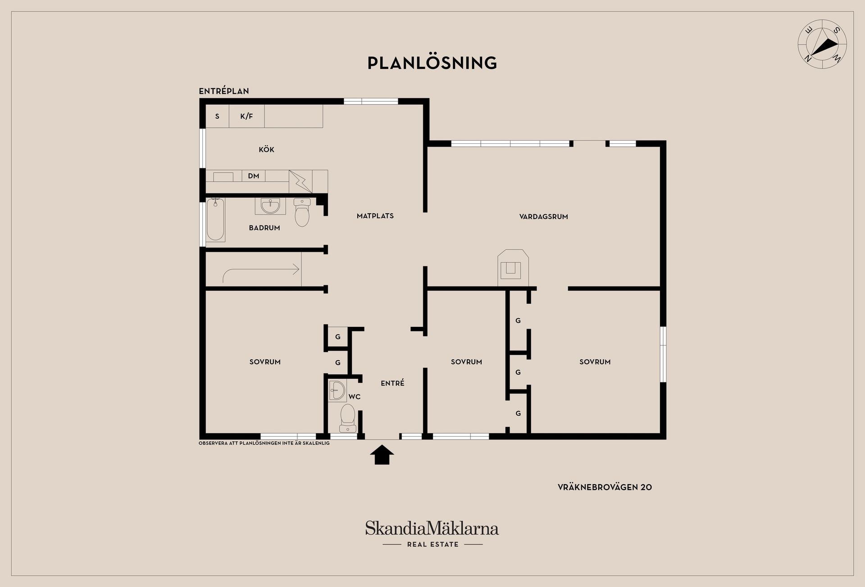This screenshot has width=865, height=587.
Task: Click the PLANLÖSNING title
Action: click(432, 63)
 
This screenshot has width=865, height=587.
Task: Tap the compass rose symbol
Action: click(822, 44)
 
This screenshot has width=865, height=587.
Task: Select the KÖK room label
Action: click(266, 150)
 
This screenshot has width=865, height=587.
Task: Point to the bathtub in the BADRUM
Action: click(216, 220)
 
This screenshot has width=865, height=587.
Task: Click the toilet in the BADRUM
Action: click(302, 212)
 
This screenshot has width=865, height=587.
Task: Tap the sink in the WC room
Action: click(337, 390)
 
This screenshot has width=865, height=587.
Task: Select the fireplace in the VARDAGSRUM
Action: click(513, 268)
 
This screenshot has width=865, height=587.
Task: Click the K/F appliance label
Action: click(246, 116)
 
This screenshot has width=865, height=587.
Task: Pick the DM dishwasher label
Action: click(254, 176)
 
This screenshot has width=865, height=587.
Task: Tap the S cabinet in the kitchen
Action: click(217, 116)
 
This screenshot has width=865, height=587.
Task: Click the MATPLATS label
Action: click(375, 216)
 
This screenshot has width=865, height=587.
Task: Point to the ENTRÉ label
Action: click(392, 383)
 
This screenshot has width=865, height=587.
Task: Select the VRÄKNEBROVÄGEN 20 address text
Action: click(605, 487)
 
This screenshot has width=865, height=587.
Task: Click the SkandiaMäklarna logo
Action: click(432, 534)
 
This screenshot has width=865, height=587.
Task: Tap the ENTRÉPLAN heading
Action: click(224, 91)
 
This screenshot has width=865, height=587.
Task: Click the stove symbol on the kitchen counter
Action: click(300, 181)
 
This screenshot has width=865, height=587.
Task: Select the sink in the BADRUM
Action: click(270, 206)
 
